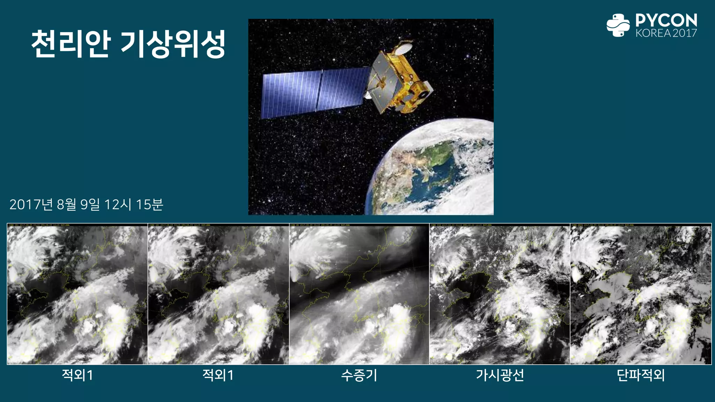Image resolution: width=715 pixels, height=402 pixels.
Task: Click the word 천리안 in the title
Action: (71, 44)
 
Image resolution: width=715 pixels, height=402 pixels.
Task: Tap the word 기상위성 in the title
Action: (173, 44)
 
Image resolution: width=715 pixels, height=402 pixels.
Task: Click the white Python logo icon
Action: (618, 25)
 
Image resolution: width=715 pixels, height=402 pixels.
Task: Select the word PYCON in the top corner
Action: (666, 20)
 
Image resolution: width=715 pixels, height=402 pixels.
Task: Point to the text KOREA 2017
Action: (666, 33)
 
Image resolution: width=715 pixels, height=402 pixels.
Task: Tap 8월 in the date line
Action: (66, 204)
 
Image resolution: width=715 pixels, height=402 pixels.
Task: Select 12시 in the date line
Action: (118, 204)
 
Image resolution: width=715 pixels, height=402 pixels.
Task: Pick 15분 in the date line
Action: (149, 204)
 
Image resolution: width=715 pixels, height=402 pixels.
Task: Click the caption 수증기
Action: (359, 375)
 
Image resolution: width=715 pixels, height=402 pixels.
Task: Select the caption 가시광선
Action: (500, 375)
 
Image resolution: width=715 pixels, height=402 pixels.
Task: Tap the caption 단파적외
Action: (641, 375)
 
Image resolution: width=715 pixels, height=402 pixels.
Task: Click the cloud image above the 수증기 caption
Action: (359, 294)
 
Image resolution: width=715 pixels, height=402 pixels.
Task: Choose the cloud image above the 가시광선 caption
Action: (500, 294)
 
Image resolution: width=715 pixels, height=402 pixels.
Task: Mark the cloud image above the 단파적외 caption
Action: (641, 294)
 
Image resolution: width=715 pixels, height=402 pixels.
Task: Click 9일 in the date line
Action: (90, 204)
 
